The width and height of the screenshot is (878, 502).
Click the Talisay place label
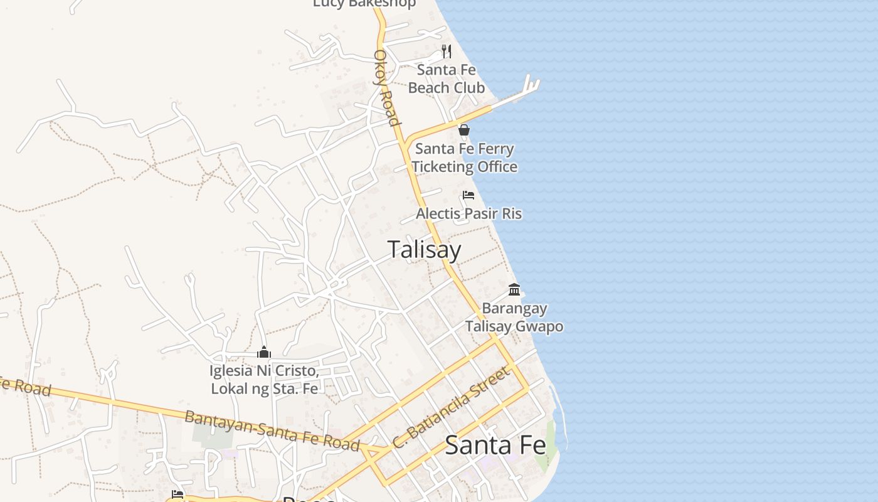tap(424, 250)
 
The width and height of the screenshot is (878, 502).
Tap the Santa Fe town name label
tap(495, 446)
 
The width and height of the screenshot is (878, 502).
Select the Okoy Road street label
tap(386, 87)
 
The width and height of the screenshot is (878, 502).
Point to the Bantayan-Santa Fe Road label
tap(272, 430)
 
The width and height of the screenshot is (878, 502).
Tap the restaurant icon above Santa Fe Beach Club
tap(446, 51)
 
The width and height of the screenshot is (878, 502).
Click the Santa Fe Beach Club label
tap(446, 78)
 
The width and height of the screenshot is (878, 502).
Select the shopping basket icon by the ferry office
tap(464, 130)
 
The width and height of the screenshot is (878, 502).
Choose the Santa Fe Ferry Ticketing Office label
tap(464, 158)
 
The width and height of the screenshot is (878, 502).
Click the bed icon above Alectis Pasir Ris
tap(468, 195)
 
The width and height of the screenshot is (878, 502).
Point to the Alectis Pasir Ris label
tap(468, 213)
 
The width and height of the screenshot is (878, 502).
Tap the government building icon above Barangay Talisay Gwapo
tap(514, 289)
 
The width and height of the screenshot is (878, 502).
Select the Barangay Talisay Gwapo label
tap(514, 318)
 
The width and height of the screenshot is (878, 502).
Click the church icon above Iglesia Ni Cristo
tap(264, 352)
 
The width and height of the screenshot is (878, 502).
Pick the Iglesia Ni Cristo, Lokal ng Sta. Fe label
tap(264, 380)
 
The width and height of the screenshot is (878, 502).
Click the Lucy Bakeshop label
tap(364, 4)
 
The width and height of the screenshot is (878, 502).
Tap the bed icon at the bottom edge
tap(177, 494)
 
